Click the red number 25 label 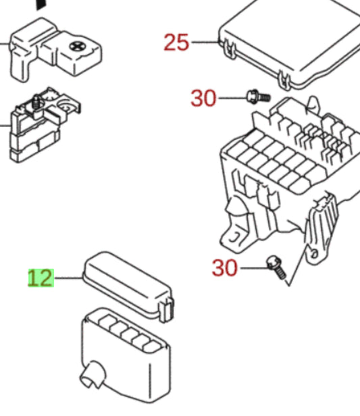pos(176,43)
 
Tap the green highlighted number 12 pos(40,278)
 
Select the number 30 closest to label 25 pos(203,99)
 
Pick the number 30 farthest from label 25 pos(225,268)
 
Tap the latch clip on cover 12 pos(166,310)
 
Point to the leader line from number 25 pos(205,43)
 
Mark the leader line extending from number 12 pos(68,278)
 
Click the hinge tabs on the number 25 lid pos(228,49)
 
